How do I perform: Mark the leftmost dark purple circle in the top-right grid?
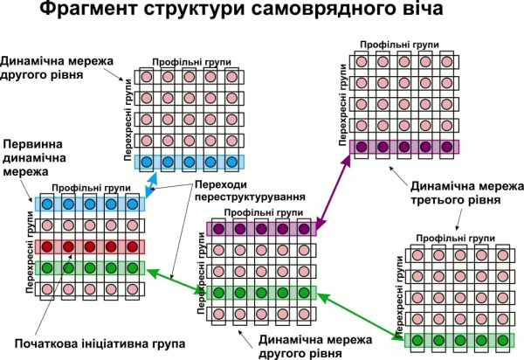tap(361, 146)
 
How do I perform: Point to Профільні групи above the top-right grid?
tap(403, 45)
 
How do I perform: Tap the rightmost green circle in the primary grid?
tap(132, 268)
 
